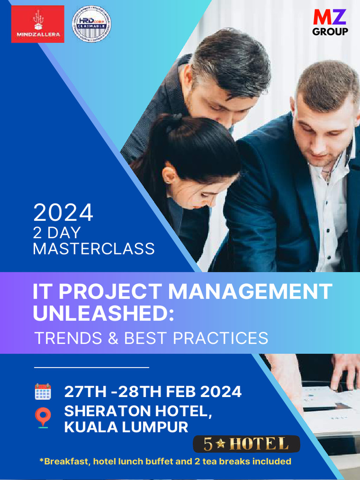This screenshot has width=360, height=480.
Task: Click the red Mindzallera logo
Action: click(x=37, y=24)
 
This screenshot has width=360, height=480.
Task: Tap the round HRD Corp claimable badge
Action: click(x=91, y=24)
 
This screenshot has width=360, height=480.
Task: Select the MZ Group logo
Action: click(x=330, y=22)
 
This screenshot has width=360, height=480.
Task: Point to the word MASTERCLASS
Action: click(x=94, y=248)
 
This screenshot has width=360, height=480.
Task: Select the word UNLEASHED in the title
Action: click(x=99, y=313)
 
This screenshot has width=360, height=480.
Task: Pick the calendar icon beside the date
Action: click(x=43, y=391)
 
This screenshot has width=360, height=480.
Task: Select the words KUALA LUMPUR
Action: click(x=126, y=427)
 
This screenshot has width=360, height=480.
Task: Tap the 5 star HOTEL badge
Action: click(x=247, y=443)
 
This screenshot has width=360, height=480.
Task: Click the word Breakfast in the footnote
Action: click(x=65, y=461)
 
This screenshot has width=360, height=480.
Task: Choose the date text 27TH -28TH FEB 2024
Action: click(x=153, y=391)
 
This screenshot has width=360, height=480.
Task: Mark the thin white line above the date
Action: click(x=91, y=367)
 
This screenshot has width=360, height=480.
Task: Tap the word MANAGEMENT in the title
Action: click(x=250, y=292)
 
